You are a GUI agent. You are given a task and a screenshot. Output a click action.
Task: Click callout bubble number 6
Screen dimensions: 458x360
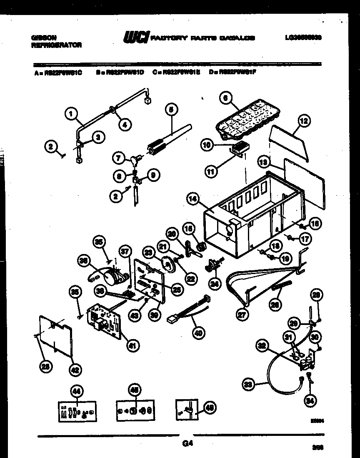(x=225, y=98)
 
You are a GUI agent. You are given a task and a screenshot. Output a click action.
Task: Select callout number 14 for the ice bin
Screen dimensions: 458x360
(x=192, y=200)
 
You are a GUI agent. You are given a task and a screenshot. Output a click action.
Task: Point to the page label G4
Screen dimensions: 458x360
(x=187, y=444)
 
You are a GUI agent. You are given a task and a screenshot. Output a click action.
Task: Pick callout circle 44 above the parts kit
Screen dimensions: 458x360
(x=76, y=391)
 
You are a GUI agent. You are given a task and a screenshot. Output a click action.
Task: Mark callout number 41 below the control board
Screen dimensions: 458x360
(x=132, y=345)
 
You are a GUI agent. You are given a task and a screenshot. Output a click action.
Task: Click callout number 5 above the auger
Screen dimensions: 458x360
(x=170, y=109)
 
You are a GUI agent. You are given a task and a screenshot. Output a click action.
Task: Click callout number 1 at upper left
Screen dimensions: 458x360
(x=71, y=113)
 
